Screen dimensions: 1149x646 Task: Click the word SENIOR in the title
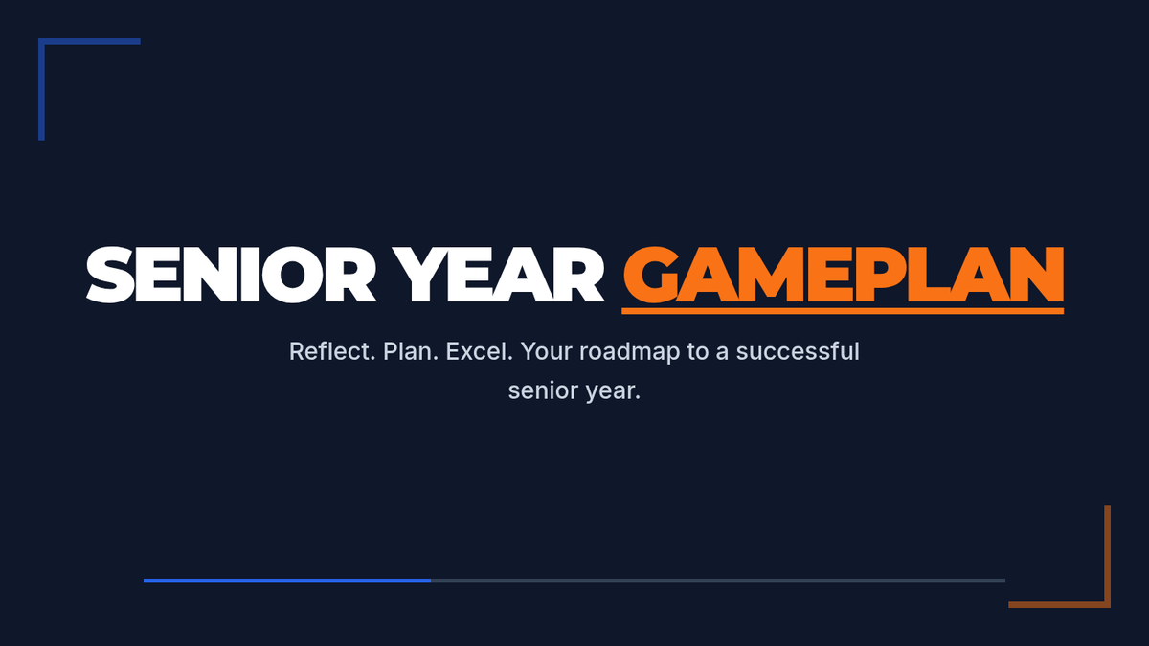click(x=231, y=275)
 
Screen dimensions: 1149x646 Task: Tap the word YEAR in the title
click(x=498, y=275)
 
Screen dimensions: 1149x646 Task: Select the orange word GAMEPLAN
click(x=844, y=275)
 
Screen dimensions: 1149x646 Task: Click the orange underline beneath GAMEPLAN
click(x=843, y=311)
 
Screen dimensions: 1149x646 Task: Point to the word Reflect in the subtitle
click(x=332, y=352)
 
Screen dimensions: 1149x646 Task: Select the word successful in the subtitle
click(x=798, y=352)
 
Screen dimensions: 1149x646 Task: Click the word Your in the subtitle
click(x=547, y=352)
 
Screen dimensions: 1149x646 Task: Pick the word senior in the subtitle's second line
click(x=543, y=390)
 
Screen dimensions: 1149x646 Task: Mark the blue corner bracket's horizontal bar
click(x=89, y=41)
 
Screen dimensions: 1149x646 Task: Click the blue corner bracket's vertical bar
click(x=41, y=89)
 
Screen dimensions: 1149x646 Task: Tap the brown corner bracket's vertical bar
click(x=1108, y=557)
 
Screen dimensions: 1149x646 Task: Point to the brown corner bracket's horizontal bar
click(x=1060, y=605)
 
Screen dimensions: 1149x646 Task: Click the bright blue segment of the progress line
click(x=287, y=580)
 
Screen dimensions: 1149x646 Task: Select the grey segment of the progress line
click(x=718, y=580)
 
